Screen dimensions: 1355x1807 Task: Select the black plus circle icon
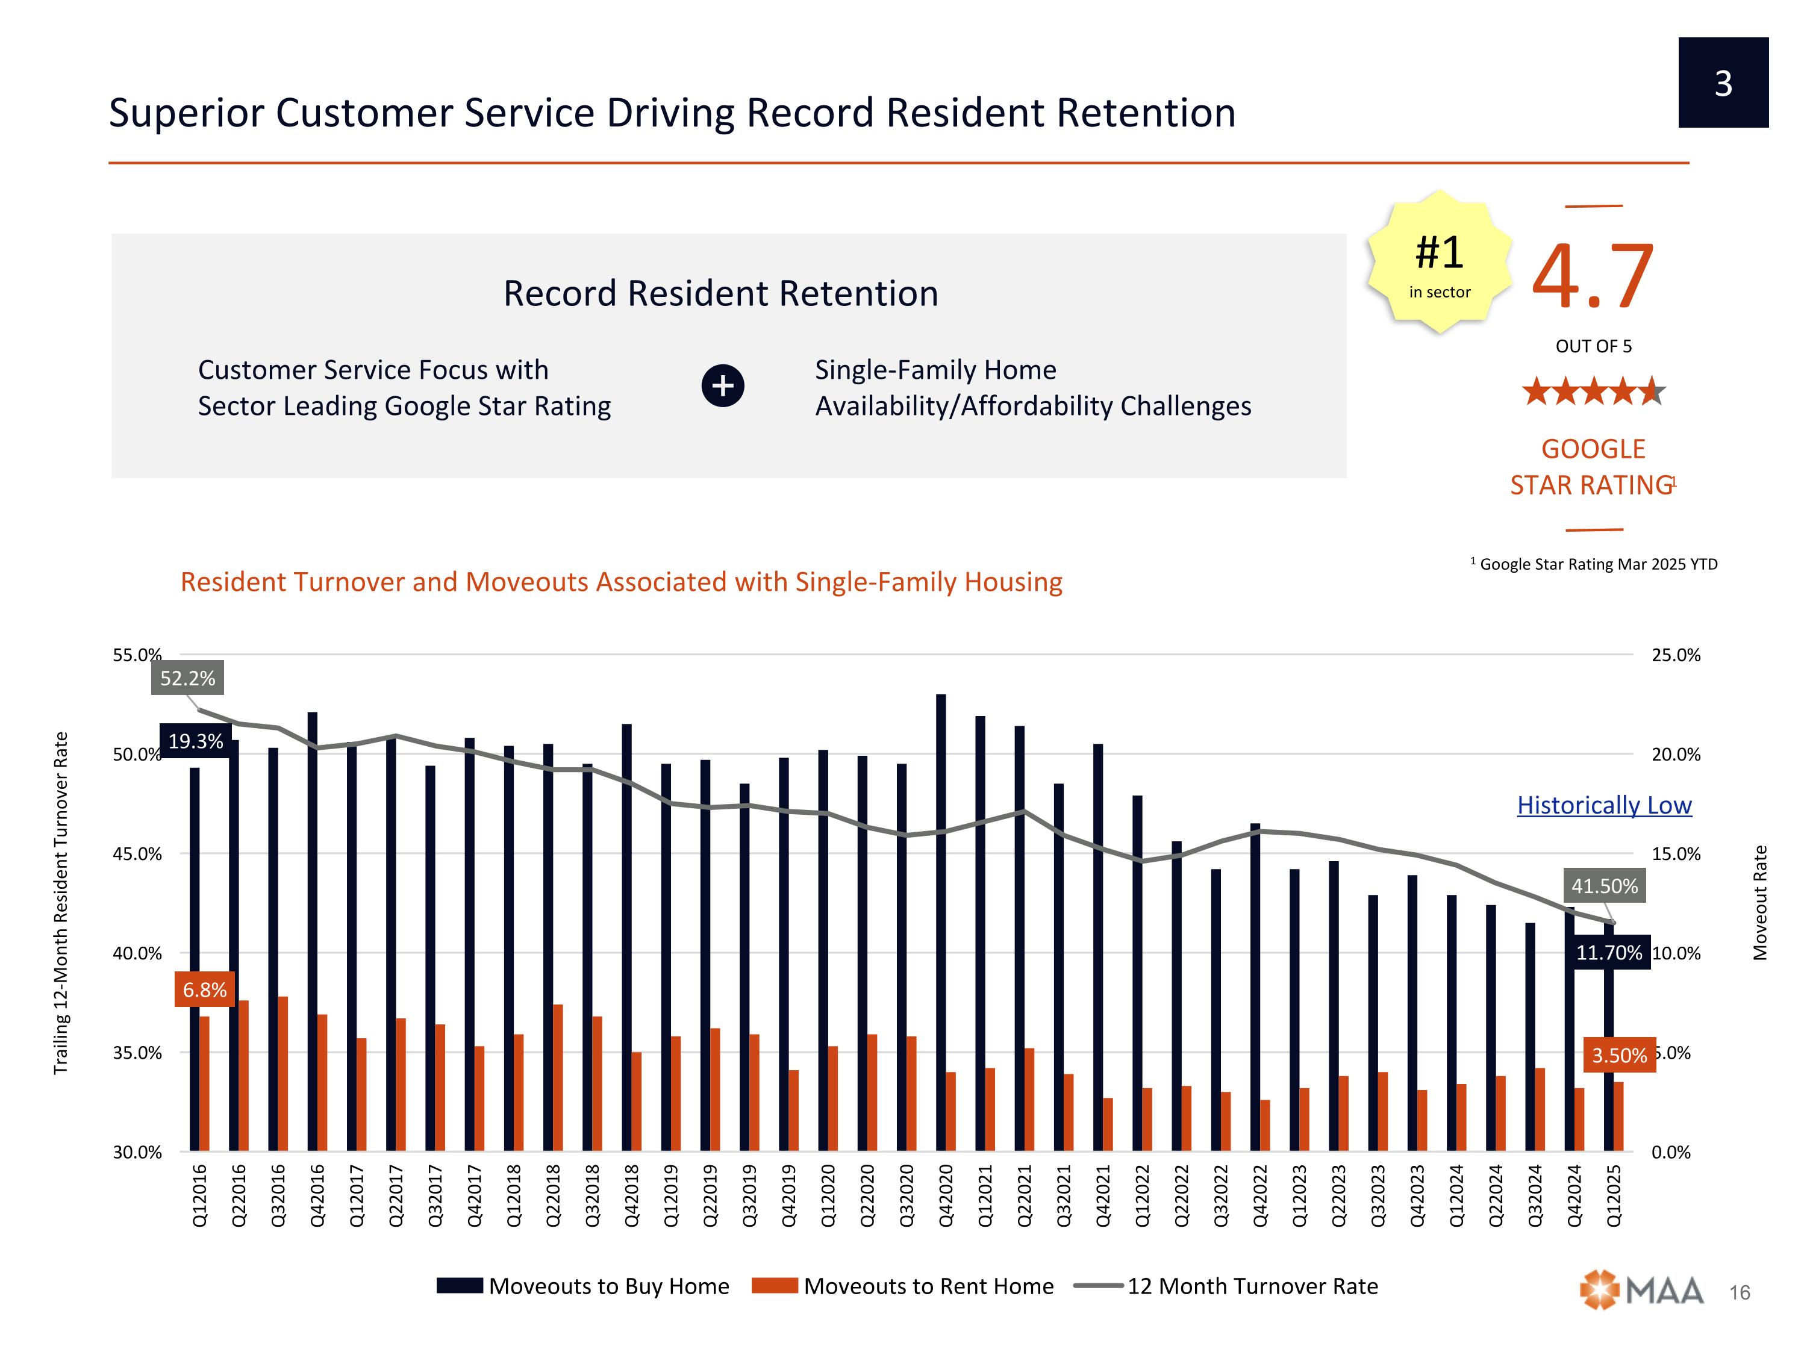(722, 385)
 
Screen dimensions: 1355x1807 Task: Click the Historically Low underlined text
(1603, 805)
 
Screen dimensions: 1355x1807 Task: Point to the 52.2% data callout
(187, 678)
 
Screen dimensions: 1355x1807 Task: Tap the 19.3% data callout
(195, 741)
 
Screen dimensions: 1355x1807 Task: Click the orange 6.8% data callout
(204, 990)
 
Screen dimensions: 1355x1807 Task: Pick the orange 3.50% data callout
(1619, 1055)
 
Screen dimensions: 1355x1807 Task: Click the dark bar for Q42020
(941, 923)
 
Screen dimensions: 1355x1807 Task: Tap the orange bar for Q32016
(282, 1074)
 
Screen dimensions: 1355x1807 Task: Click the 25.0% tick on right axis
(1676, 655)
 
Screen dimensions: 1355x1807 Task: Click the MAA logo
(1642, 1291)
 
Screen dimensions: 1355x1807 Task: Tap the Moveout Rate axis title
(1761, 903)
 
